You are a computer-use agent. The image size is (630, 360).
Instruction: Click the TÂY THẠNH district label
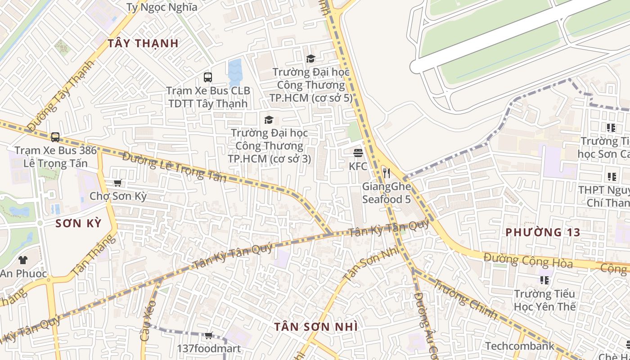click(x=143, y=43)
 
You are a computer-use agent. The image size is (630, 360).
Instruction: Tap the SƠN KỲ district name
click(x=79, y=223)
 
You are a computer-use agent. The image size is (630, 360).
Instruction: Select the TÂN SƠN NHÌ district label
click(x=316, y=327)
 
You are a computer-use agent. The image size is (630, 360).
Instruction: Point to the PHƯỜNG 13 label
click(x=543, y=232)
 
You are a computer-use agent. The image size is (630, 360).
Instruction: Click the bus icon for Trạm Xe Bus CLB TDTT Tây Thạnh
click(x=207, y=77)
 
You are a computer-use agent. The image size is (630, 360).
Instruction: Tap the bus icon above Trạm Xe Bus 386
click(x=55, y=137)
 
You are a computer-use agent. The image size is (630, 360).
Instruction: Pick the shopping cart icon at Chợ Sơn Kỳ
click(x=117, y=183)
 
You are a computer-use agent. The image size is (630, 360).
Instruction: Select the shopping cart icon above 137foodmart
click(x=208, y=335)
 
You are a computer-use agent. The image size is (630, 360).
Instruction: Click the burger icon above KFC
click(x=358, y=153)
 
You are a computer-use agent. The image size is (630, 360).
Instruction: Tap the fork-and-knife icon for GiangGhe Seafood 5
click(x=386, y=173)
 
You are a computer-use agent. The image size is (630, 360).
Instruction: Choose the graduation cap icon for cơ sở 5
click(x=310, y=58)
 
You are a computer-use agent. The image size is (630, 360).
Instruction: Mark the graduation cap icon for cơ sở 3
click(x=269, y=120)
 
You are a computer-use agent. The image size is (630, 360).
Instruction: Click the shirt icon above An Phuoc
click(x=22, y=260)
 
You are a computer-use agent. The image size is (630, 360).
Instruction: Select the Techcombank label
click(x=519, y=346)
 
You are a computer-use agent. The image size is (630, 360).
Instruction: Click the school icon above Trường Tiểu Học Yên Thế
click(x=544, y=280)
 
